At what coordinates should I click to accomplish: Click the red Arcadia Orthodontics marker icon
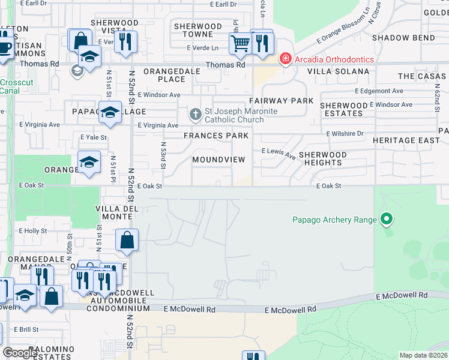(x=286, y=59)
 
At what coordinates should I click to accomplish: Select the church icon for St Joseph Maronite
(x=195, y=113)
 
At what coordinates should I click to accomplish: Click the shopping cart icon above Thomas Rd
(x=240, y=43)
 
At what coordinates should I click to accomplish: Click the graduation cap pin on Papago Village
(x=110, y=113)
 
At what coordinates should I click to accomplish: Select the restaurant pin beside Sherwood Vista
(x=125, y=41)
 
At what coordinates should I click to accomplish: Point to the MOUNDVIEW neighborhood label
(x=218, y=160)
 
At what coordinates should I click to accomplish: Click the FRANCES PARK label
(x=215, y=136)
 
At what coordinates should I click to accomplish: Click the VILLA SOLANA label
(x=338, y=71)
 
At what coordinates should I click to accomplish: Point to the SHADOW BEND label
(x=411, y=38)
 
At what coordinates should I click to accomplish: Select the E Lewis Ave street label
(x=279, y=154)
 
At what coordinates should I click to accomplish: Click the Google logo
(x=21, y=353)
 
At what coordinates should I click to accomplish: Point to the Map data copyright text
(x=423, y=355)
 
